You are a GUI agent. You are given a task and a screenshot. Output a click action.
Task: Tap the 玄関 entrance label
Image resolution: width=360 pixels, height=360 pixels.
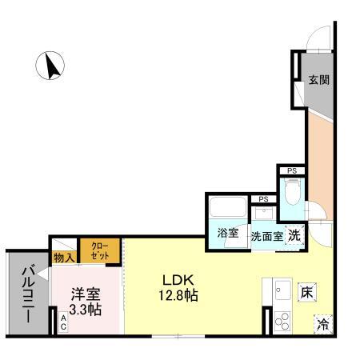(319, 80)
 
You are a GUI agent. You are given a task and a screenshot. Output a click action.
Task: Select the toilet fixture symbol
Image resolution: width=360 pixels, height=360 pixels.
(292, 193)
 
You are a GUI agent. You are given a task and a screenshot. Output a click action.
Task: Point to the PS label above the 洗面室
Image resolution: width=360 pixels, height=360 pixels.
(262, 199)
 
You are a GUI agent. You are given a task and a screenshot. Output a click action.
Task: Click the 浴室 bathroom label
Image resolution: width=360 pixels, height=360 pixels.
(228, 234)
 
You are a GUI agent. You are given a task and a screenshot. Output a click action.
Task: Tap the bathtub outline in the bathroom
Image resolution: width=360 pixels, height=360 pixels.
(228, 210)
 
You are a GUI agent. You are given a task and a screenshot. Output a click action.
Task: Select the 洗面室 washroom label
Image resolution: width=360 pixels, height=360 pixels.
(266, 236)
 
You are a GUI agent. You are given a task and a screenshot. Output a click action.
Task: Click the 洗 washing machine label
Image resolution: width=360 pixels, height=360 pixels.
(294, 235)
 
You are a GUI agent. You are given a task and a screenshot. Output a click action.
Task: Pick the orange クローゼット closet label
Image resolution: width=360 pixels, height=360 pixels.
(100, 250)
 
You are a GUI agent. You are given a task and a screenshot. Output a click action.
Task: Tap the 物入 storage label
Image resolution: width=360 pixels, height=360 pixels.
(63, 257)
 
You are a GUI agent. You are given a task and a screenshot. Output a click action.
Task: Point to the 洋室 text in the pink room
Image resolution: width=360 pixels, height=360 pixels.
(83, 294)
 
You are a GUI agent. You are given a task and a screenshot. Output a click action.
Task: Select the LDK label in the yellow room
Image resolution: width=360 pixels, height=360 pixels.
(179, 280)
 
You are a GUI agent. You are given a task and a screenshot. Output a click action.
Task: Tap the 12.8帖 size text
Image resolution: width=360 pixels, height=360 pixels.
(179, 295)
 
